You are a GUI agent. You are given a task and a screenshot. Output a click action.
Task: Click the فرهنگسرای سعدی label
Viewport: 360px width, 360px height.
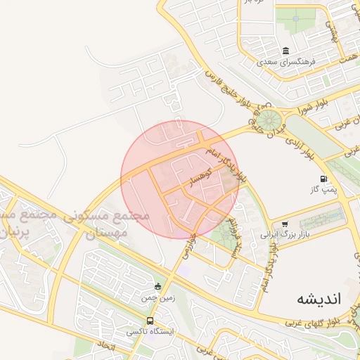[x=286, y=63]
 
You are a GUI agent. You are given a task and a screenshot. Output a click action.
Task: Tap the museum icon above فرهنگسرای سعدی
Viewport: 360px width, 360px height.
[x=285, y=51]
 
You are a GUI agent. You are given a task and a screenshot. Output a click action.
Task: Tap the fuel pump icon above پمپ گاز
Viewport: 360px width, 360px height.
[x=323, y=179]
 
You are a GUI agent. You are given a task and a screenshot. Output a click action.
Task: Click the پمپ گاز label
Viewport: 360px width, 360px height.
[x=323, y=190]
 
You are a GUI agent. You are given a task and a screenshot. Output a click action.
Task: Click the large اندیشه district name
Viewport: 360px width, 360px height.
[x=319, y=297]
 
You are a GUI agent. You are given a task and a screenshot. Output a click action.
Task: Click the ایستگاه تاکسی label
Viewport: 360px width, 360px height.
[x=150, y=331]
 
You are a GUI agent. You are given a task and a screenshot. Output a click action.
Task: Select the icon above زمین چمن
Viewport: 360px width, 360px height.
[x=157, y=286]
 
